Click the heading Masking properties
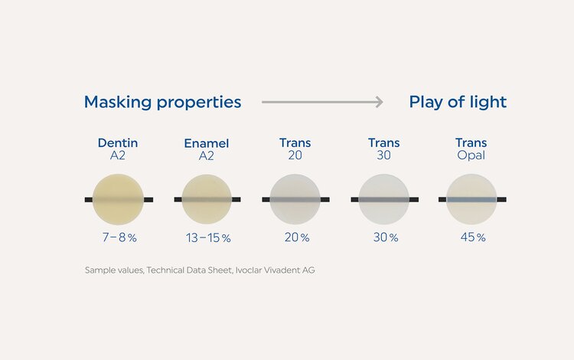(162, 102)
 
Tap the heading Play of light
(458, 102)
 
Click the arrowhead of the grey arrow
(378, 102)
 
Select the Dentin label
(118, 142)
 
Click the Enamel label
(207, 143)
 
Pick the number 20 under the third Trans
(295, 155)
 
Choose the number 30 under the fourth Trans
(383, 155)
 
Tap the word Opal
(471, 155)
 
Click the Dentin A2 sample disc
(118, 199)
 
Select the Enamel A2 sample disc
(207, 199)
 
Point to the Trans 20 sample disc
(295, 199)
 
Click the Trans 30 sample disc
(383, 199)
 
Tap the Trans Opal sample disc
(471, 199)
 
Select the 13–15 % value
(207, 237)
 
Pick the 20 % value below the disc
(296, 237)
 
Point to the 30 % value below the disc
(385, 237)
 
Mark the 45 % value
(471, 237)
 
